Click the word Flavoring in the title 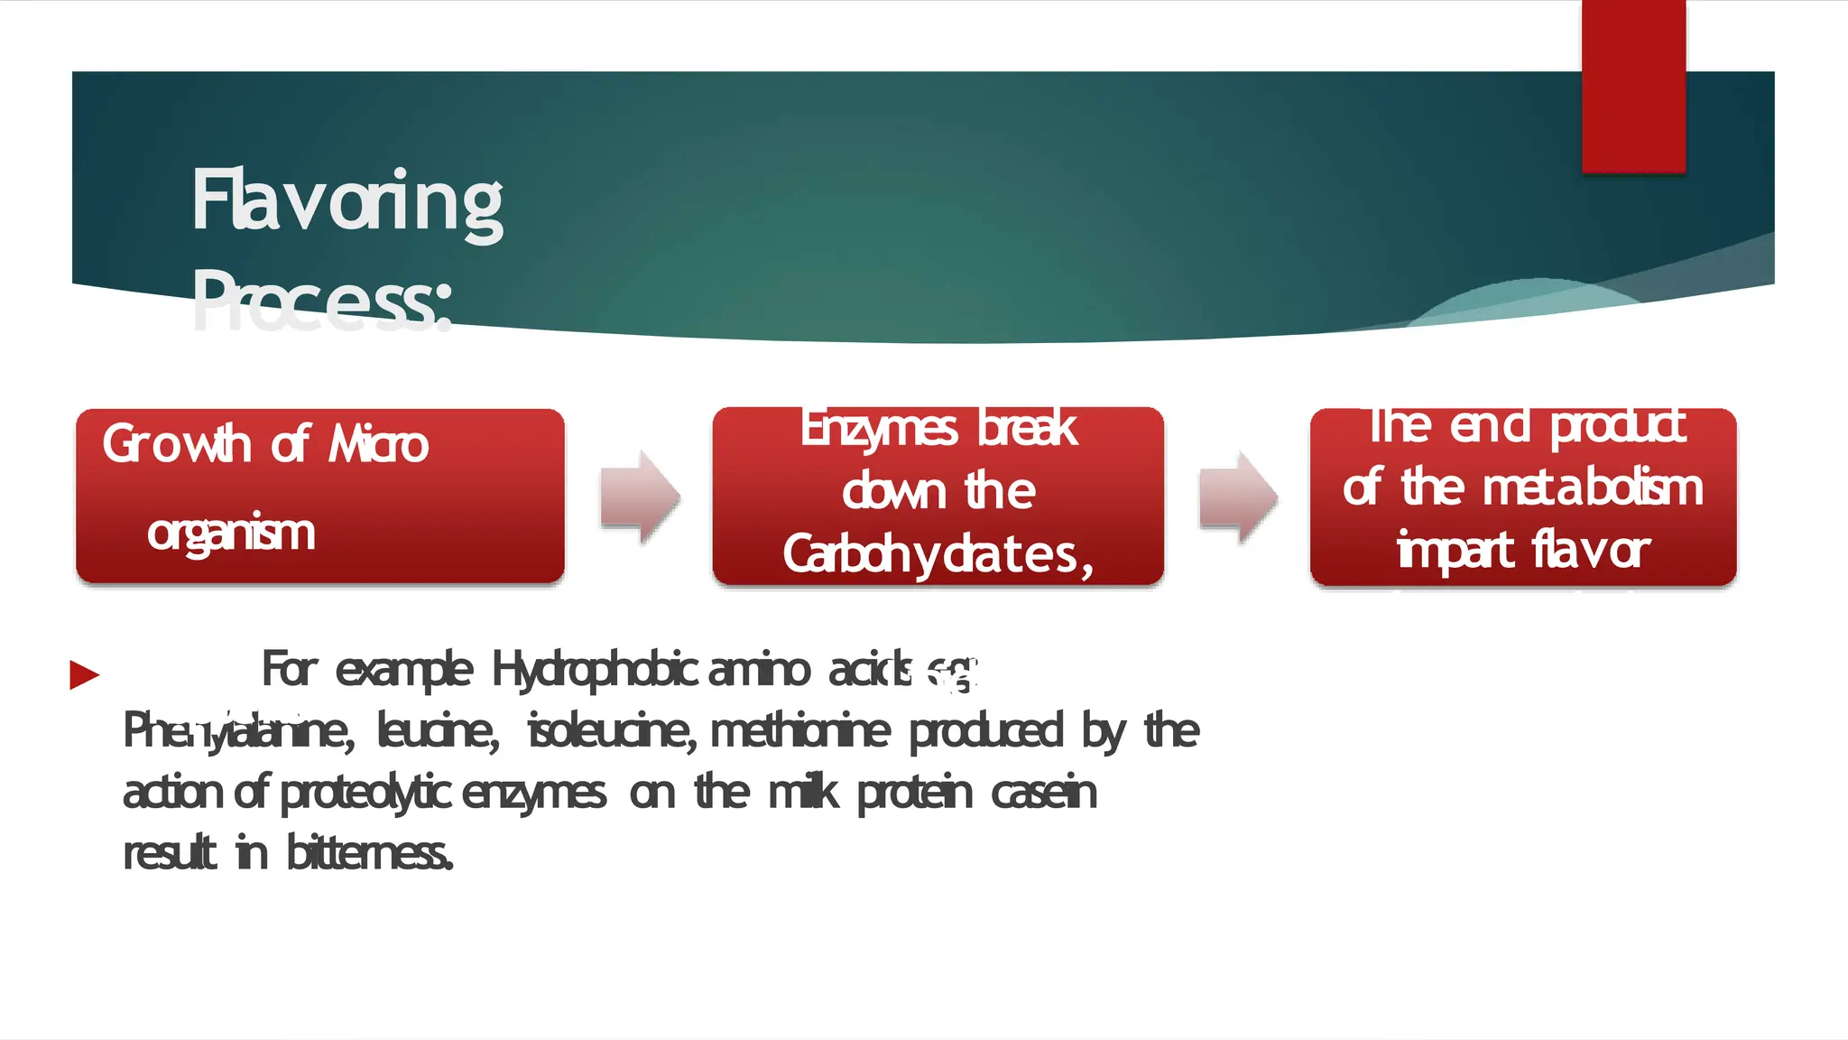pyautogui.click(x=347, y=203)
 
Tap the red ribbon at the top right pyautogui.click(x=1633, y=86)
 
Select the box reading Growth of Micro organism pyautogui.click(x=320, y=496)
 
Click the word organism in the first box pyautogui.click(x=231, y=532)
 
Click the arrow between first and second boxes pyautogui.click(x=640, y=497)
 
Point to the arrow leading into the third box pyautogui.click(x=1238, y=497)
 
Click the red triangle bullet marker pyautogui.click(x=84, y=674)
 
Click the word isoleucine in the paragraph pyautogui.click(x=610, y=730)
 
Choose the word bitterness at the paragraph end pyautogui.click(x=369, y=852)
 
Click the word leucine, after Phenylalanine pyautogui.click(x=438, y=730)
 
